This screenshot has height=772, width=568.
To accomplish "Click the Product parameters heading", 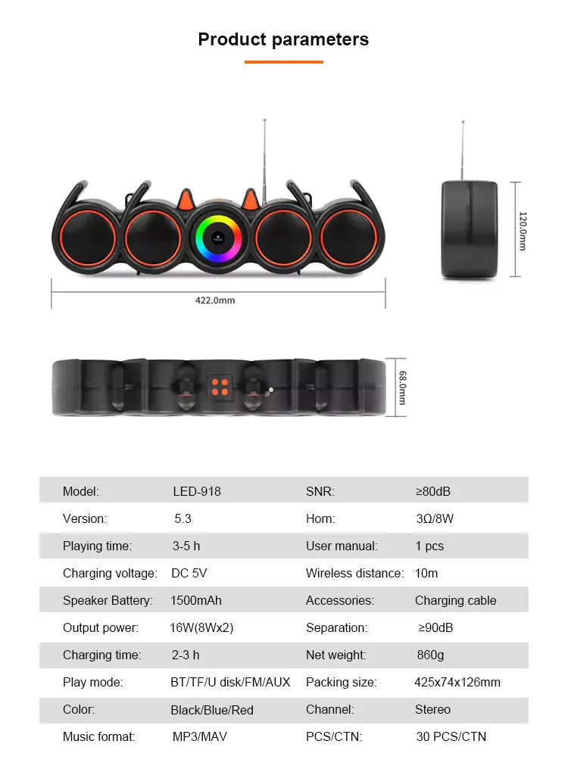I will [283, 39].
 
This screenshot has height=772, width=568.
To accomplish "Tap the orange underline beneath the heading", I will [283, 61].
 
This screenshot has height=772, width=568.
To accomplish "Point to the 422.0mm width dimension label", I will [215, 300].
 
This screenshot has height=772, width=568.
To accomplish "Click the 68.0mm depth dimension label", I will [402, 387].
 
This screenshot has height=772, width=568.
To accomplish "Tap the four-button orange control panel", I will [220, 388].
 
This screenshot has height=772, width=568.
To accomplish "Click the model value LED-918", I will [197, 491].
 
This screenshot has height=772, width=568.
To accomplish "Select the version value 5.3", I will [183, 518].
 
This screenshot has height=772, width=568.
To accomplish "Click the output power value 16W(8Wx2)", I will [201, 627].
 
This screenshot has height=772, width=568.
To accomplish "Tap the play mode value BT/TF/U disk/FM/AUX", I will [230, 682].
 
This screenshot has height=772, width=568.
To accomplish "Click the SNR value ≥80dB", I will [433, 491].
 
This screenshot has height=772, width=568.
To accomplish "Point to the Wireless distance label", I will [354, 573].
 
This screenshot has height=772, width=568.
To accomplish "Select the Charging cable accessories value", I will [455, 600].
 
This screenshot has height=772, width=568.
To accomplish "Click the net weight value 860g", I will [430, 655].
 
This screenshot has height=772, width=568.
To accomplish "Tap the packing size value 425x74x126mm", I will [457, 682].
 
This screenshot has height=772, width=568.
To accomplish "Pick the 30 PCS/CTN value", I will [451, 736].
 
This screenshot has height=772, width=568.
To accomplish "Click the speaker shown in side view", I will [470, 229].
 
